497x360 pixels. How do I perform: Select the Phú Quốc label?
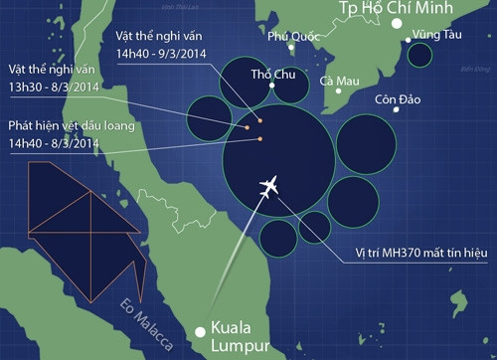287,37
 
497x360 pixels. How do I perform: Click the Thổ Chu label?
272,74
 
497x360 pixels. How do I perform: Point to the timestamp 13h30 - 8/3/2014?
54,88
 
